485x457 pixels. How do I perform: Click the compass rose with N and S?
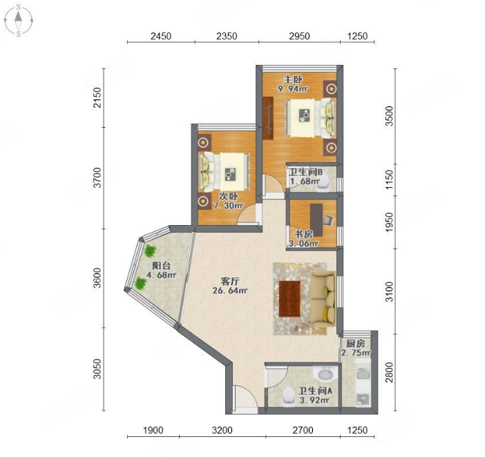[x=19, y=21]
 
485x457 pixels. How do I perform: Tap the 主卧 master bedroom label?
[x=293, y=79]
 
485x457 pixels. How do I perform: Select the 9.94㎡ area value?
[x=293, y=89]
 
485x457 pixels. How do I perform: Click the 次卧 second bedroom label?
[x=229, y=196]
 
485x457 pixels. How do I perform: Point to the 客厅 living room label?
[x=230, y=281]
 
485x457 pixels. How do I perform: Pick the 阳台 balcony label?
[x=162, y=265]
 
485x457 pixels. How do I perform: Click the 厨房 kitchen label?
[x=356, y=344]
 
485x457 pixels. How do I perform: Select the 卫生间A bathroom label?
[x=315, y=391]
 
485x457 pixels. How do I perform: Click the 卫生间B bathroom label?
[x=305, y=171]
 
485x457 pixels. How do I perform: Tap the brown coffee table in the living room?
[x=289, y=298]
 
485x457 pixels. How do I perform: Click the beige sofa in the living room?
[x=323, y=298]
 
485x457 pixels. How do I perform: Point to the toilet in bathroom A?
[x=289, y=396]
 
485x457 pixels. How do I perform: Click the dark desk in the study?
[x=316, y=220]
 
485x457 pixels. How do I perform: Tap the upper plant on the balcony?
[x=150, y=251]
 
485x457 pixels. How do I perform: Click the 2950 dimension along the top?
[x=299, y=36]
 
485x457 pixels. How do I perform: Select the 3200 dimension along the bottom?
[x=222, y=430]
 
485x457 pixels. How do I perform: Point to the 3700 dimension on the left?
[x=97, y=177]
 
